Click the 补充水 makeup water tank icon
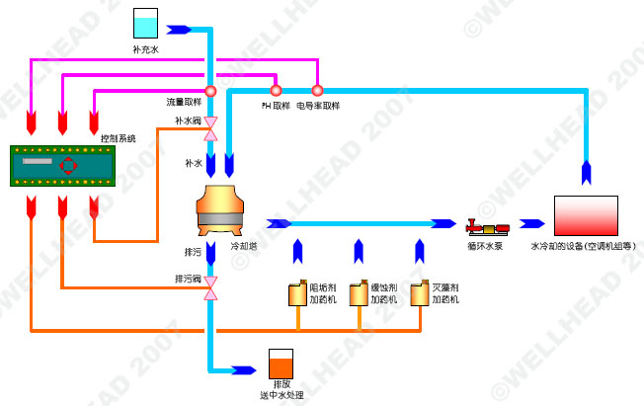click(146, 25)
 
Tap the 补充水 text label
click(146, 47)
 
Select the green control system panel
click(61, 165)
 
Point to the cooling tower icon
click(228, 208)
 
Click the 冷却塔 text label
click(244, 246)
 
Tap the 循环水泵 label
click(485, 246)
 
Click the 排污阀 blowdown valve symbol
click(210, 289)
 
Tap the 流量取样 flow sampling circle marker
click(210, 91)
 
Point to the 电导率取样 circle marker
click(317, 91)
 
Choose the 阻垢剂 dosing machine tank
click(294, 293)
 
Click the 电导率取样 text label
click(318, 105)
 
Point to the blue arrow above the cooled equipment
click(587, 171)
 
